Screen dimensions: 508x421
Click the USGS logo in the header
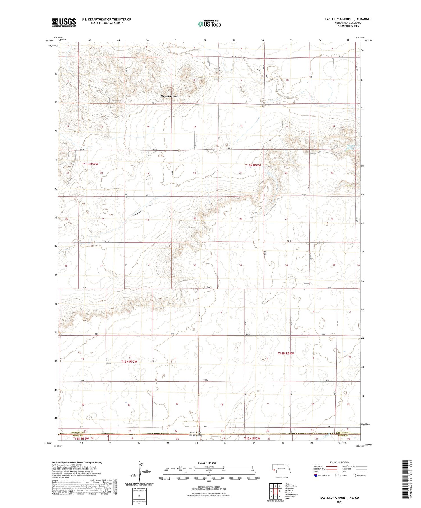coord(64,22)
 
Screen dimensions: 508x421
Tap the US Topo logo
coord(209,24)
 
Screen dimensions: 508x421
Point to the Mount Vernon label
coord(170,96)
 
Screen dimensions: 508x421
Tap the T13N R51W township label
coord(253,165)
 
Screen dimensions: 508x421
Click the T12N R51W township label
coord(286,354)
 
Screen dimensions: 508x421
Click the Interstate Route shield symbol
coord(316,475)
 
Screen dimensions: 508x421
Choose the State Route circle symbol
coord(354,475)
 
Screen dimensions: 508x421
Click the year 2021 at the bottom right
coord(339,502)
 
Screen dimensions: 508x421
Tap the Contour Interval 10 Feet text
coord(209,487)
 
